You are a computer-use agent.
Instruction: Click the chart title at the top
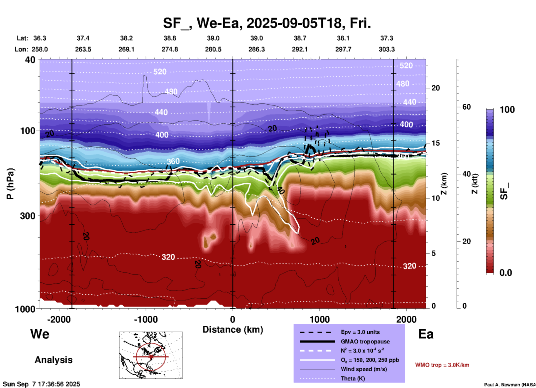point(267,23)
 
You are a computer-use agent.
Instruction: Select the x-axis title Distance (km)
point(233,330)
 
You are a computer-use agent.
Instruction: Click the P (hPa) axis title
point(10,184)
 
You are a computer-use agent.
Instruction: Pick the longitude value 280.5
point(213,49)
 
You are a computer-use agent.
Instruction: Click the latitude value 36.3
point(40,38)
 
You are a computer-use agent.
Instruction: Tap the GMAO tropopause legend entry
point(365,342)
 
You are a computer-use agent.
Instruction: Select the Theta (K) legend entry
point(353,379)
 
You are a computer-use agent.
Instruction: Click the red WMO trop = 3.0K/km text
point(442,365)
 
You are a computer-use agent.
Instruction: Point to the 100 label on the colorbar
point(507,110)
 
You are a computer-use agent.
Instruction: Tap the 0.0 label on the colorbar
point(505,273)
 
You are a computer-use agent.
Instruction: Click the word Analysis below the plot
point(53,360)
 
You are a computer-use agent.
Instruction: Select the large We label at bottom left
point(40,334)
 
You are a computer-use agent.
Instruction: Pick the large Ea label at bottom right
point(426,334)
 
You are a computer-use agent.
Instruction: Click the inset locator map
point(151,355)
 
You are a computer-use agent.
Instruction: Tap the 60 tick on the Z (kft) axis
point(466,107)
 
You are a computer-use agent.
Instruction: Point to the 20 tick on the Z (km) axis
point(435,88)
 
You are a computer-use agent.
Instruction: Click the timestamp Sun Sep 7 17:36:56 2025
point(41,384)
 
